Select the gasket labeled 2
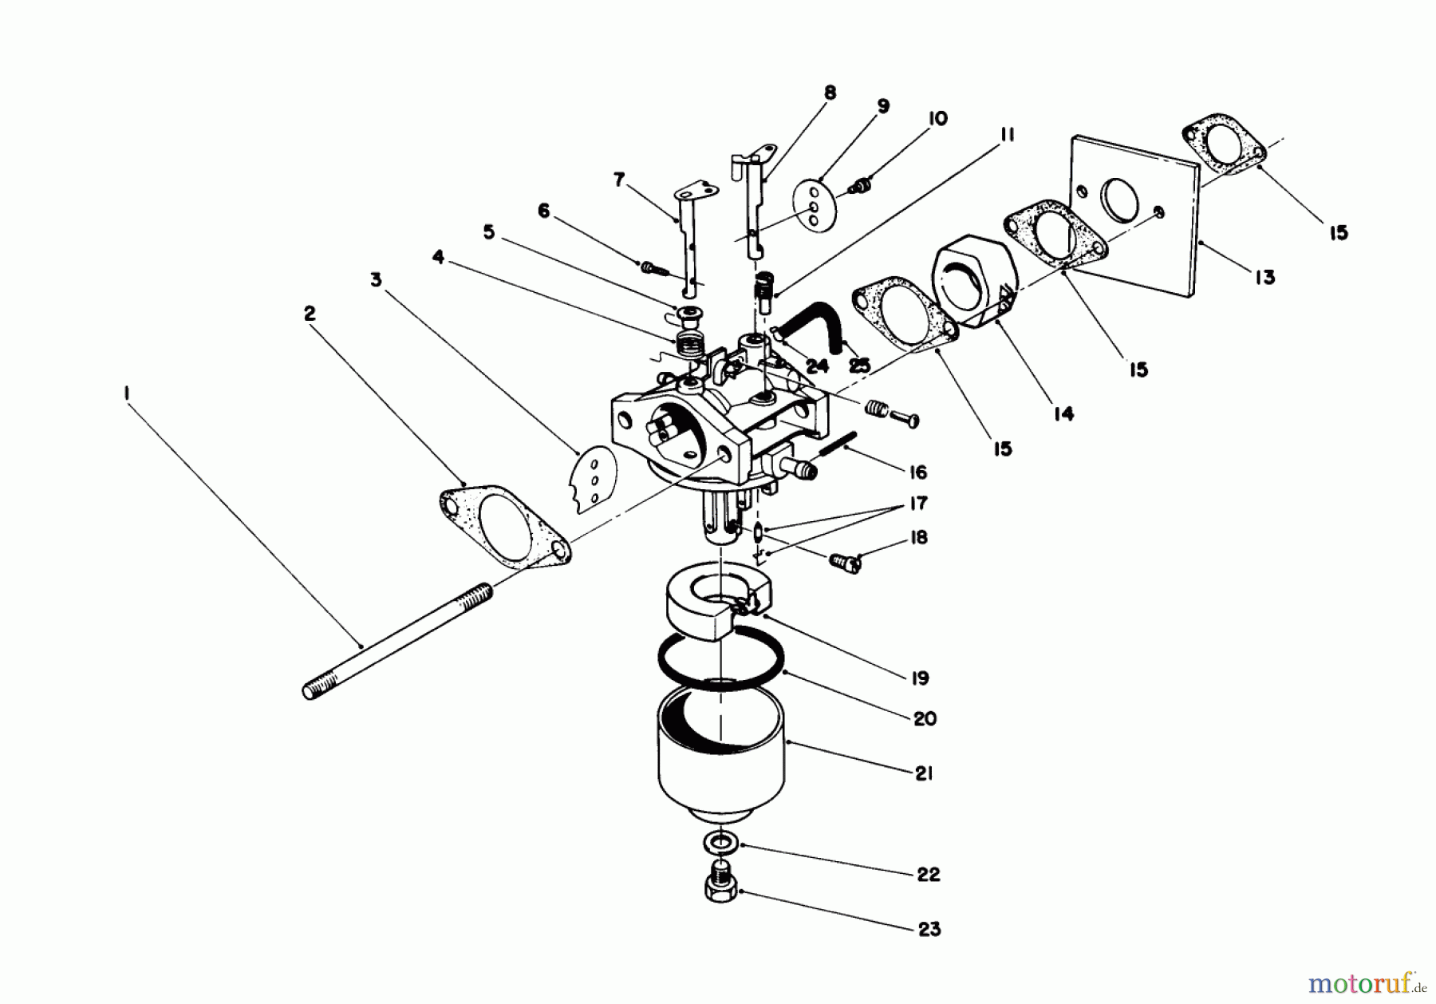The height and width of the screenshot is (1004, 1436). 505,527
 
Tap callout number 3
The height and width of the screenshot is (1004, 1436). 376,279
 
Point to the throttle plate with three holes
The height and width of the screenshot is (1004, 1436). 593,478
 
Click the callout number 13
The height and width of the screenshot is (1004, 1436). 1264,278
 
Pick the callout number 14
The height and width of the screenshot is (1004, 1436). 1063,413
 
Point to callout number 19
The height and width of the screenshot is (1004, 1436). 920,678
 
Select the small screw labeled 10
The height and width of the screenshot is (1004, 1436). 860,187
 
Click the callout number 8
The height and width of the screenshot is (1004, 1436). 830,93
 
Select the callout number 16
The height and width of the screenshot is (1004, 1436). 918,472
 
